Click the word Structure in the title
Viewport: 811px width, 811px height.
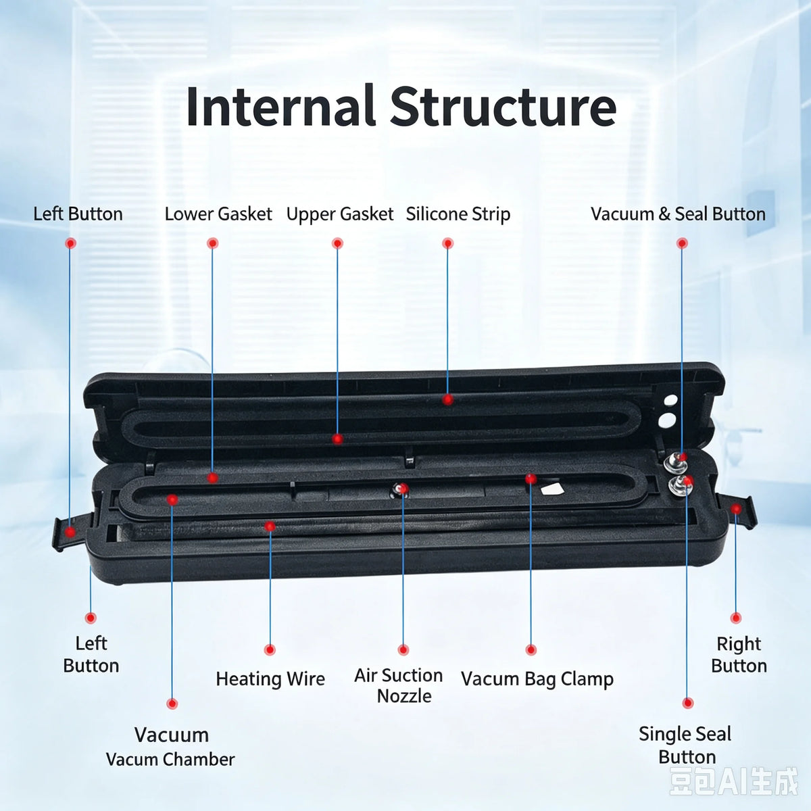503,106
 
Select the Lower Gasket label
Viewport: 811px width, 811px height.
218,214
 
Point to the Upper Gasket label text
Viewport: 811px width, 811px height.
340,214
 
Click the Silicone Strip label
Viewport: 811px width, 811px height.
458,214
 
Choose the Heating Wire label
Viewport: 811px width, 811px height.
270,679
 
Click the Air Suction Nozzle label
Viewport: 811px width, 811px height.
399,686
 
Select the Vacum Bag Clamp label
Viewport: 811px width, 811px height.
537,679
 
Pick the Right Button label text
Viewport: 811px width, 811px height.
739,655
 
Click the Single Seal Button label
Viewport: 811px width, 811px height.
685,745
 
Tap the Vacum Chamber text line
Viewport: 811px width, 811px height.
170,760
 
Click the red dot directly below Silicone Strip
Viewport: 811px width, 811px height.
448,243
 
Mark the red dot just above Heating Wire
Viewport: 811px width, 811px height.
270,650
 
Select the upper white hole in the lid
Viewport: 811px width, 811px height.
670,400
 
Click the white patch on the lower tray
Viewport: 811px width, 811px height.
552,489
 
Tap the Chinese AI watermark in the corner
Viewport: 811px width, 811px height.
733,782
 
